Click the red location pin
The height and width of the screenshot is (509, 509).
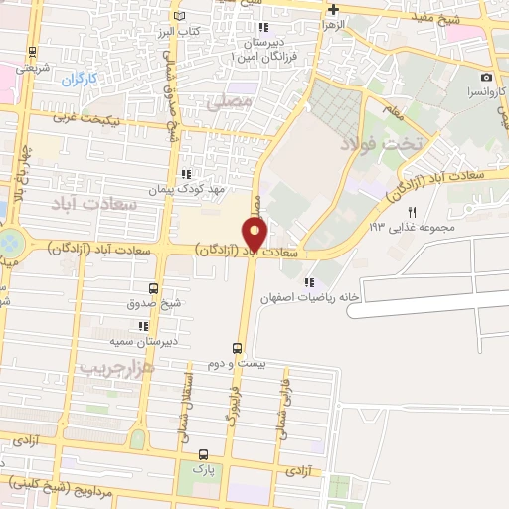pos(255,236)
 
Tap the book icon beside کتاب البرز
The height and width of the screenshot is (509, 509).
pos(179,17)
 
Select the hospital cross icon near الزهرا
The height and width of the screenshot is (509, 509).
pos(334,8)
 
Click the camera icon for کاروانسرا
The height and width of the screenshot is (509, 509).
pos(486,77)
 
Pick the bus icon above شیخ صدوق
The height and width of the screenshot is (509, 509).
pos(146,287)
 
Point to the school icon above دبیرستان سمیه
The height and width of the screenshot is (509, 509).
pos(144,325)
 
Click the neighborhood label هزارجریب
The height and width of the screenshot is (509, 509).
pos(119,367)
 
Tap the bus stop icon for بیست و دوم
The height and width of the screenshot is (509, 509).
pos(237,348)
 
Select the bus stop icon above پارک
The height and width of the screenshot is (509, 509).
pos(204,452)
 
